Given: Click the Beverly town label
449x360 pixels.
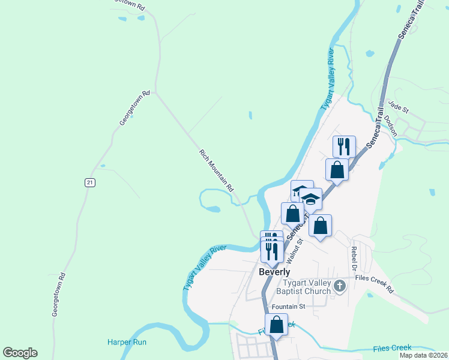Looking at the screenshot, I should coord(274,272).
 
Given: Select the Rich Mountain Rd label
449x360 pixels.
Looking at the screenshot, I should coord(216,171).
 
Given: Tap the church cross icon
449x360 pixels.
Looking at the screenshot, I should coord(340,286).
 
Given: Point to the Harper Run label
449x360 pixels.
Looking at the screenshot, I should coord(127,343).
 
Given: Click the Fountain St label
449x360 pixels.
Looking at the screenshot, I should coord(289,307).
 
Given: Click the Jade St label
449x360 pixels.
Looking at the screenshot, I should coord(398,107).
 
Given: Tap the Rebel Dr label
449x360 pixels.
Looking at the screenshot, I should coord(354,256).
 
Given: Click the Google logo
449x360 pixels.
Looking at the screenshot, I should coord(20,353).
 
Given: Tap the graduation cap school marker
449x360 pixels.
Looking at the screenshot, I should coord(311,198).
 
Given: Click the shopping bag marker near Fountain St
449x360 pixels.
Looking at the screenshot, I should coord(276,325).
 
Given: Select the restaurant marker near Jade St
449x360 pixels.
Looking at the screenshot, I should coord(344,146).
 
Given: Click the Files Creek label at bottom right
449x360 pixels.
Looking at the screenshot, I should coord(393,348).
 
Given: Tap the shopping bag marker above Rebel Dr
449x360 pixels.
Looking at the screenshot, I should coord(321,226).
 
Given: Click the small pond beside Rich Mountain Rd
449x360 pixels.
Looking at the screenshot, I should coord(212,209).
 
